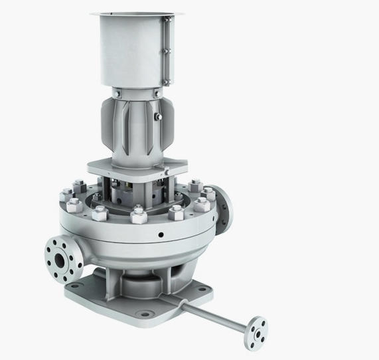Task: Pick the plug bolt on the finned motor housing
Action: point(159,118)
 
